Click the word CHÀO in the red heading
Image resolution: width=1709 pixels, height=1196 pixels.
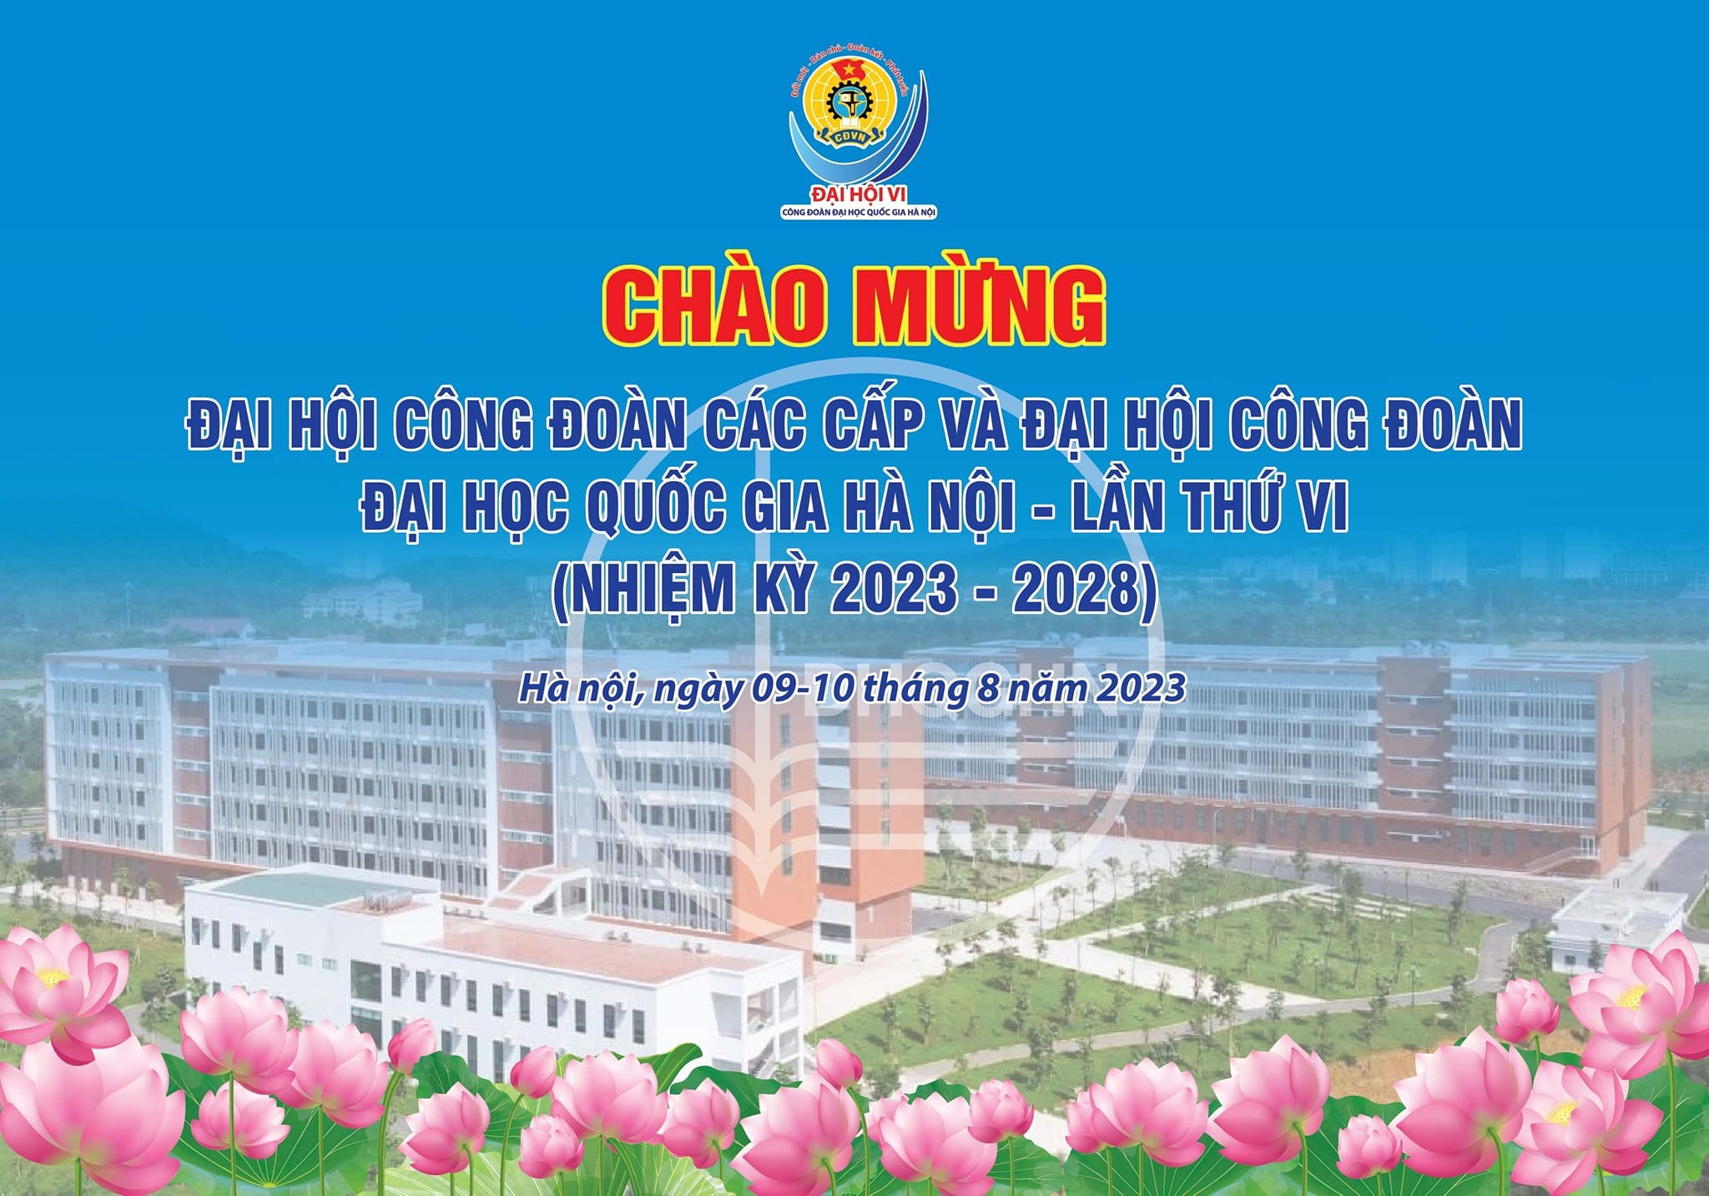(714, 305)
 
